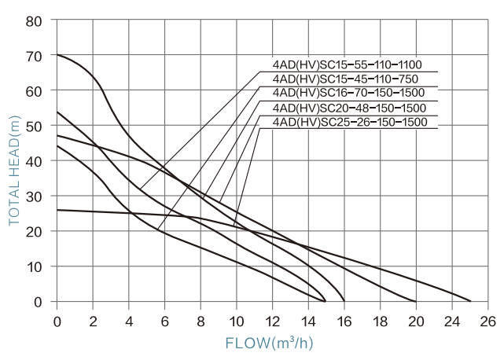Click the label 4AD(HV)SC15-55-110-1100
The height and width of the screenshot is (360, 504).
click(x=348, y=65)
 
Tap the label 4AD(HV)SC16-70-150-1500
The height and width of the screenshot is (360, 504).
click(x=348, y=94)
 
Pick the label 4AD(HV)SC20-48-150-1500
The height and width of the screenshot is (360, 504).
click(x=348, y=108)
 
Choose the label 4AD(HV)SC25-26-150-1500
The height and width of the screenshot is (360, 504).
click(x=348, y=122)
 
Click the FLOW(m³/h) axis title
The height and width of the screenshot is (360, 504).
click(x=270, y=343)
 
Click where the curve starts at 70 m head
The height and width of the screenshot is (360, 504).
click(x=57, y=55)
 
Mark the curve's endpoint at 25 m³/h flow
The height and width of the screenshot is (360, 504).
click(x=470, y=301)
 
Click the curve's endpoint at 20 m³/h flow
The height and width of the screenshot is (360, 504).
click(x=416, y=301)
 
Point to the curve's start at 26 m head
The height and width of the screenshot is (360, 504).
click(x=57, y=210)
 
